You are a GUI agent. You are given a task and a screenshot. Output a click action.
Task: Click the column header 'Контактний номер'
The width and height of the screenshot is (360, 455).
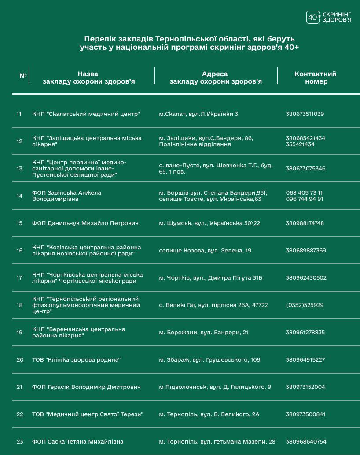315,78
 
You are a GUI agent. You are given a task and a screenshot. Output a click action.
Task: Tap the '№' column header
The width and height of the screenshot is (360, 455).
23,76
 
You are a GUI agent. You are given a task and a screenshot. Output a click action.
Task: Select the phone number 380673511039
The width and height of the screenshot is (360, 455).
305,114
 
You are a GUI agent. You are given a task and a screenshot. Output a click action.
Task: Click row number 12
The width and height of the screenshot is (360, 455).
19,141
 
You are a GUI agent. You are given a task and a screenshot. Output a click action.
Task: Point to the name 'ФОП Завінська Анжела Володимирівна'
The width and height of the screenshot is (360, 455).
66,196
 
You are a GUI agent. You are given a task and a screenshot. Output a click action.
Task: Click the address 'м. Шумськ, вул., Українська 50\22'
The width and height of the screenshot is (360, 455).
209,223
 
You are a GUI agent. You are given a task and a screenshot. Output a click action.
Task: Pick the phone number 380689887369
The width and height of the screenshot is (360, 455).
306,251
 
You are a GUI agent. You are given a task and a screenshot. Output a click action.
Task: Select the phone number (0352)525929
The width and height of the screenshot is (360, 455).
305,305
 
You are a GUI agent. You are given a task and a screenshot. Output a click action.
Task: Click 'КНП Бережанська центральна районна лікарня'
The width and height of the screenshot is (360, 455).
78,333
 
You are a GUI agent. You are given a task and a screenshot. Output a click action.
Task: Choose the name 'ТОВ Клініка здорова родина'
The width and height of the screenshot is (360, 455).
76,360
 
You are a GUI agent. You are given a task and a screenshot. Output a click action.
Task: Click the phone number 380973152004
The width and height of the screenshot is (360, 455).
305,387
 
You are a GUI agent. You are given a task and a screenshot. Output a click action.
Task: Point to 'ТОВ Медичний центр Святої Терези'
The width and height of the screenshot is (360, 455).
88,414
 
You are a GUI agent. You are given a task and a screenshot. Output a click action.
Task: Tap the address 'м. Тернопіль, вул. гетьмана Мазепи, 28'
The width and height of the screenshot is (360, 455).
217,442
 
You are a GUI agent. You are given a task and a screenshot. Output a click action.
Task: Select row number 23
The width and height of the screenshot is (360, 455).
19,442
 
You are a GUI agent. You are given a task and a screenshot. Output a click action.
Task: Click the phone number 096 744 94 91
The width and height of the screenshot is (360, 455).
305,199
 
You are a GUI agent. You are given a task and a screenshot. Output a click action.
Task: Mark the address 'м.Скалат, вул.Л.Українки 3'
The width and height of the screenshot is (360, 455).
198,114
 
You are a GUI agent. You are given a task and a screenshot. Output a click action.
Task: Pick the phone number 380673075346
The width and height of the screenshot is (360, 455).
305,169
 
